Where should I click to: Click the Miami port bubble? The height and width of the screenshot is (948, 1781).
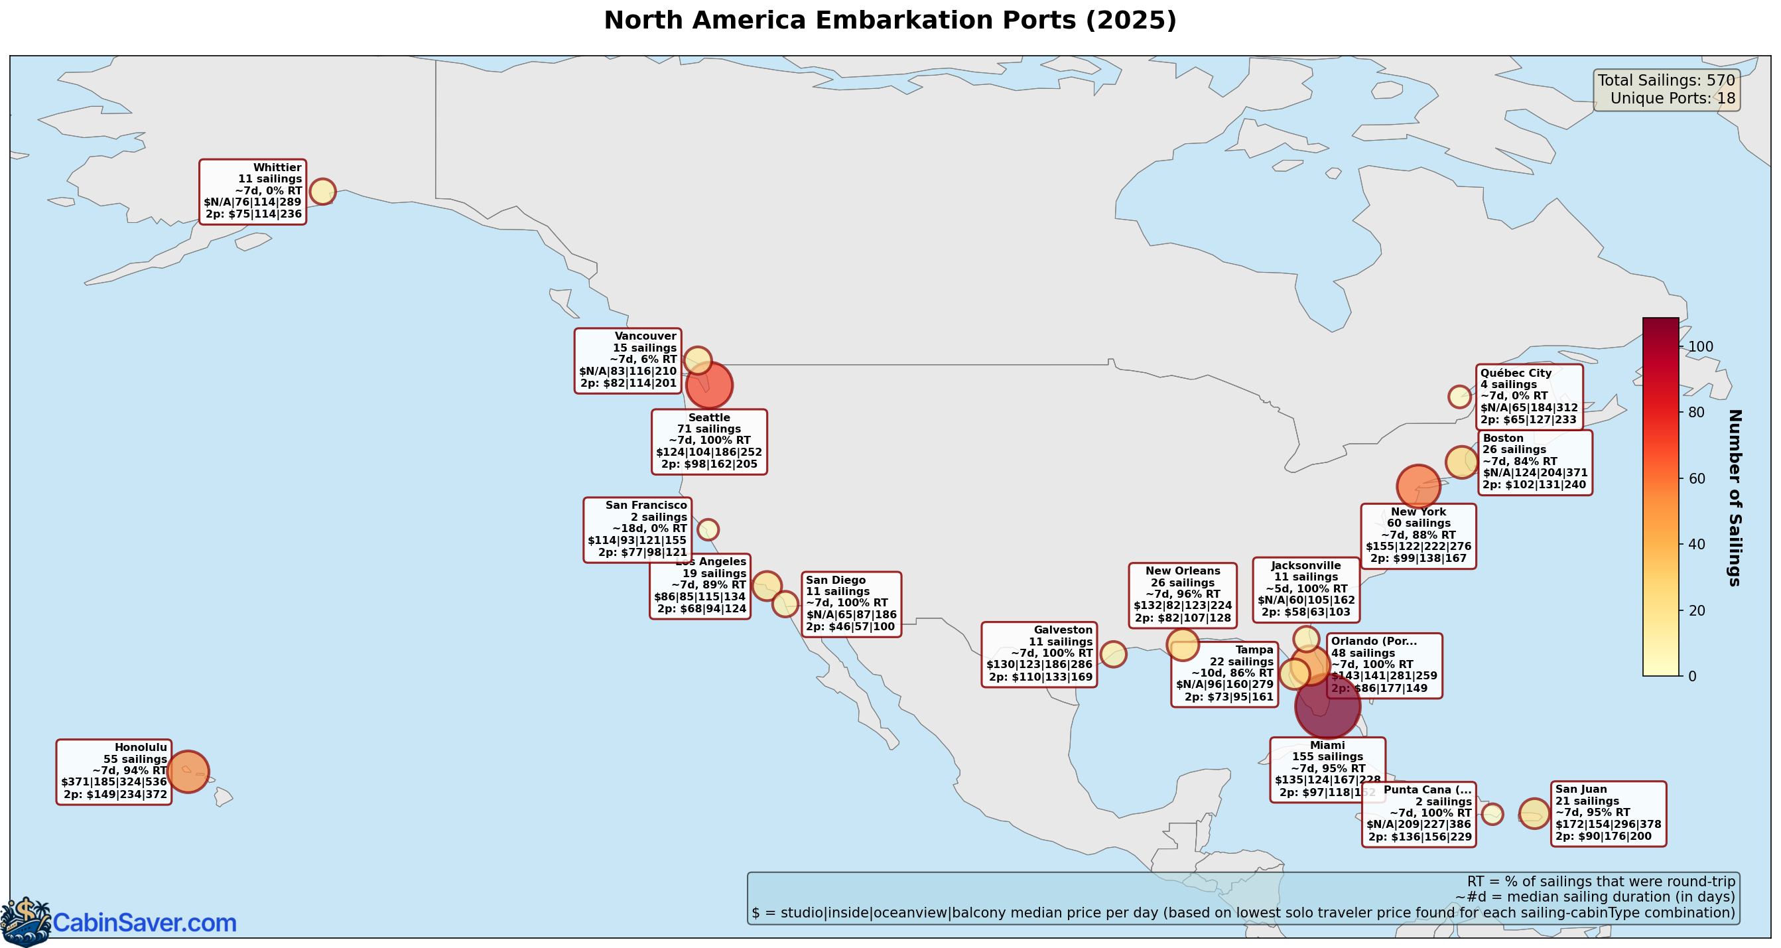[1327, 707]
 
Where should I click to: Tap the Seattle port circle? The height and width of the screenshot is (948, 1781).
[708, 385]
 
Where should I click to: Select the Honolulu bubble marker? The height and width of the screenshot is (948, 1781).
[187, 771]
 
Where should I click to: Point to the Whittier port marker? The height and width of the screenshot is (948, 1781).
[322, 192]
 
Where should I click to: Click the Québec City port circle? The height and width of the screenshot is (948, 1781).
[1459, 397]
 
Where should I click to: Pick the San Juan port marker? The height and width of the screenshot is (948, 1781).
[1534, 814]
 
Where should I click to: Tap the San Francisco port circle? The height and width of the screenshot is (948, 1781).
[708, 529]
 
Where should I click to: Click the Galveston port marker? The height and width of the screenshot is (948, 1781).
[1113, 654]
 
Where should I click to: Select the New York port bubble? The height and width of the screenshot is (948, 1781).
[1418, 487]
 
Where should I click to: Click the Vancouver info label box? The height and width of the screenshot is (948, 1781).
[627, 361]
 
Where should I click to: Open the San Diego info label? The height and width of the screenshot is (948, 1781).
[851, 604]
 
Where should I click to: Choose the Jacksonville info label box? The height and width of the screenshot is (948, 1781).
[1306, 590]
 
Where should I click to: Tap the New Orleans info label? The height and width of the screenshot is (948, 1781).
[1183, 595]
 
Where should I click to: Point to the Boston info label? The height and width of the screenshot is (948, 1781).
[1535, 462]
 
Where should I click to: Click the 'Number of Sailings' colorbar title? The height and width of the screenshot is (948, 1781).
[1734, 498]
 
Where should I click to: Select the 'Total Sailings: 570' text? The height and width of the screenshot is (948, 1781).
[1666, 80]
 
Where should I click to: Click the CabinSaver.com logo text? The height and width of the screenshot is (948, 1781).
[145, 923]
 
